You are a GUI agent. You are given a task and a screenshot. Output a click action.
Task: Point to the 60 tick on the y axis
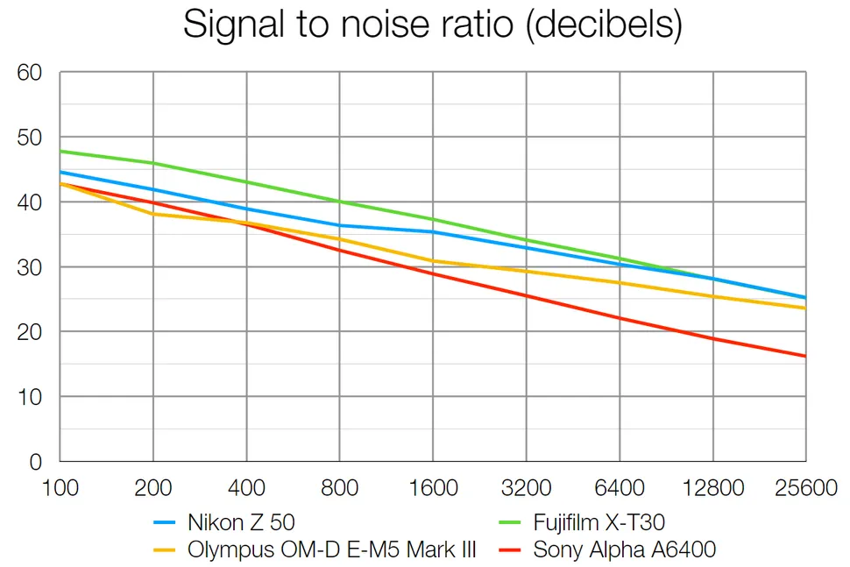[x=30, y=73]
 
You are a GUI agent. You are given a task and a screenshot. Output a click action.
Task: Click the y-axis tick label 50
[x=30, y=138]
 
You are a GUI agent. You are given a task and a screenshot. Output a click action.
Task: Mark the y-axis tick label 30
[x=30, y=267]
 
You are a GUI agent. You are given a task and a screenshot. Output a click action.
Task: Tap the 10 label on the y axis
[x=30, y=397]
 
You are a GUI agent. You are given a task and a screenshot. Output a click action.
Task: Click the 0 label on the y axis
[x=36, y=462]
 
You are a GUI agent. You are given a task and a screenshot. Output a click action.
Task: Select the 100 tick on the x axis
[x=60, y=488]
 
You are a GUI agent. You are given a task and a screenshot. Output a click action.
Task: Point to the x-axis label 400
[x=246, y=488]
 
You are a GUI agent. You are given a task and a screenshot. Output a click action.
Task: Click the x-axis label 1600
[x=433, y=488]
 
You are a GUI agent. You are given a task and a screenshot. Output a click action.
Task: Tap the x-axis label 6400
[x=620, y=488]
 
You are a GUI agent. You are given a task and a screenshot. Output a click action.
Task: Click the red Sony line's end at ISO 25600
[x=804, y=356]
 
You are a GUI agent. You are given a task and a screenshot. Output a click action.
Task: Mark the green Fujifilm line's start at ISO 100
[x=60, y=151]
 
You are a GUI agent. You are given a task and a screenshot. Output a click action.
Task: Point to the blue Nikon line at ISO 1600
[x=433, y=232]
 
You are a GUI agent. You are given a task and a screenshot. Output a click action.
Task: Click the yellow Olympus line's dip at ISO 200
[x=153, y=214]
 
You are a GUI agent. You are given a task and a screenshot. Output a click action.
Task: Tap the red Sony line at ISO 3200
[x=526, y=295]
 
